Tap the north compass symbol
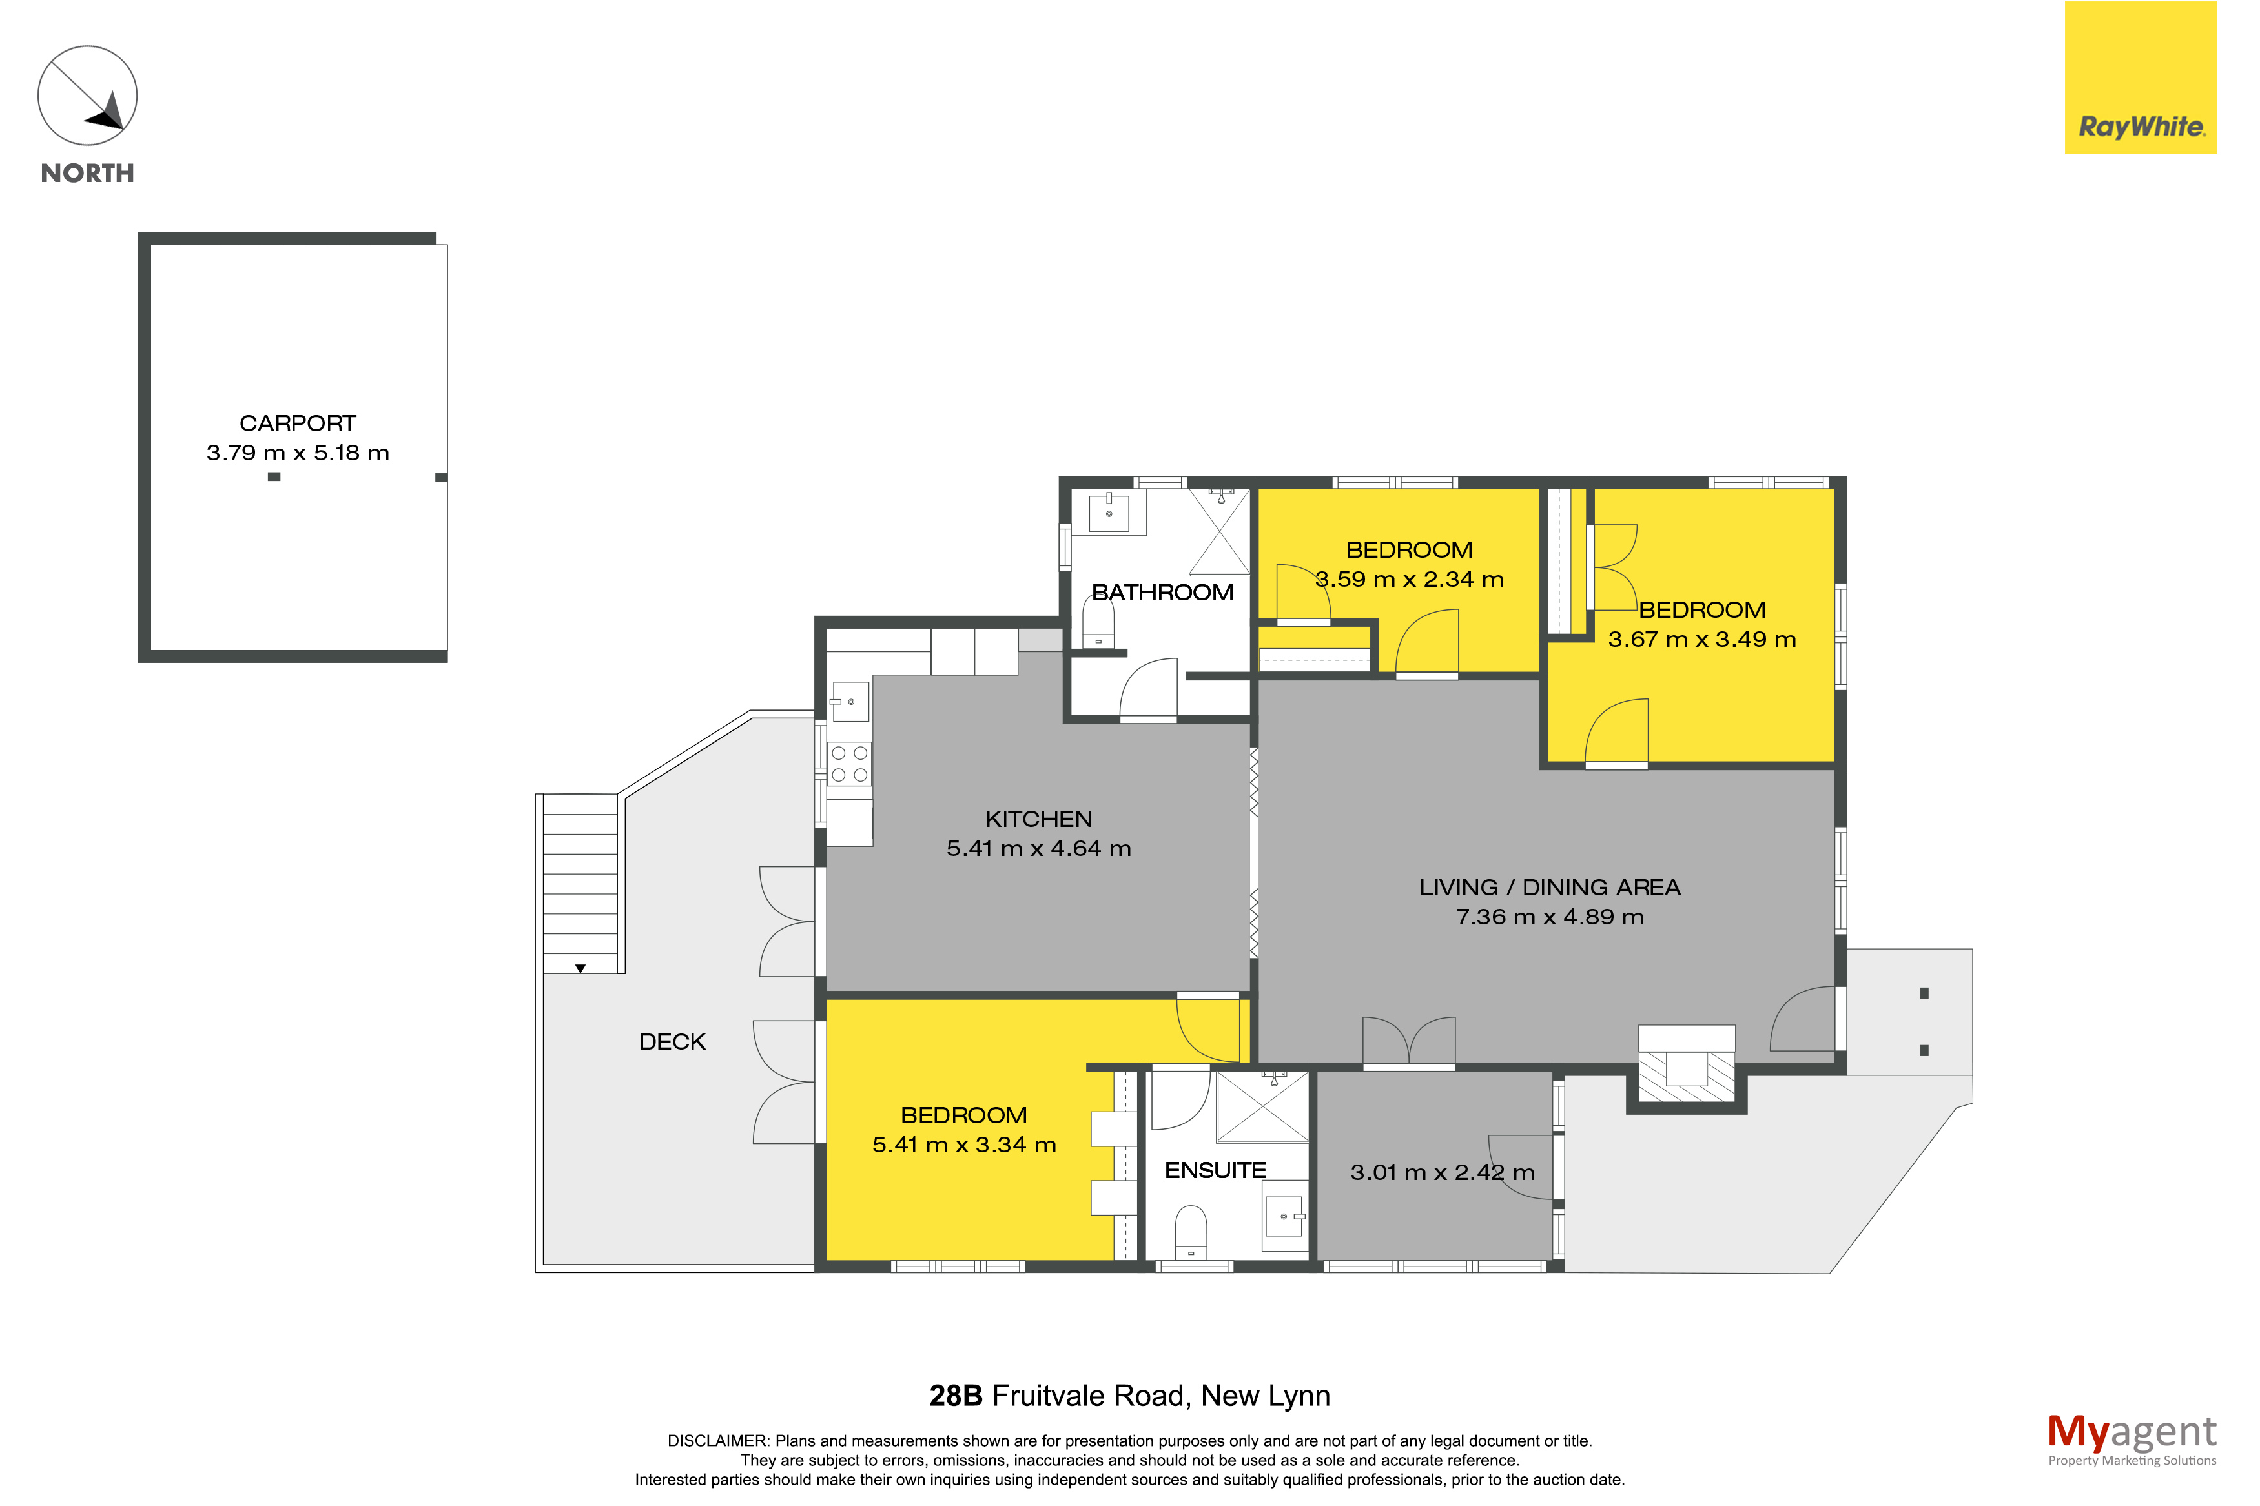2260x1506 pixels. coord(87,96)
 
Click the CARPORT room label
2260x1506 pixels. coord(298,423)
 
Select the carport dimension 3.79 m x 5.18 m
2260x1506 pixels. coord(298,453)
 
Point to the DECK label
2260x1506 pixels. coord(672,1042)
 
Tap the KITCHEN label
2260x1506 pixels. coord(1038,819)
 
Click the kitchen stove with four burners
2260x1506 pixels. coord(850,764)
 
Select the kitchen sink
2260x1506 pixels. coord(850,701)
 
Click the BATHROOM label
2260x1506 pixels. coord(1162,593)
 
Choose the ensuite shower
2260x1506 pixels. coord(1263,1106)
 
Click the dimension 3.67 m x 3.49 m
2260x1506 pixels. coord(1702,640)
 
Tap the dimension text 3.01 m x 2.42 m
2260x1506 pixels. coord(1443,1173)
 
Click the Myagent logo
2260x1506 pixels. coord(2132,1440)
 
